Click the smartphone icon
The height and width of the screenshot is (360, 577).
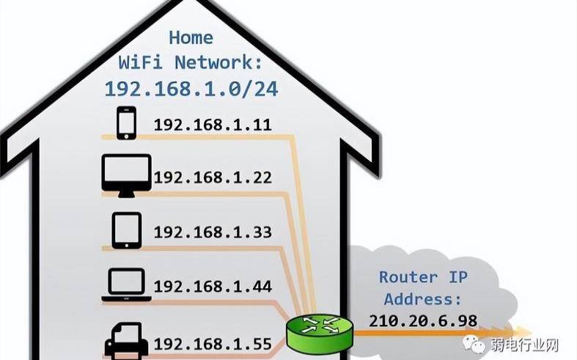click(x=126, y=123)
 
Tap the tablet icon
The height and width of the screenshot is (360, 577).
click(x=126, y=230)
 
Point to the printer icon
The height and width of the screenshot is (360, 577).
click(x=126, y=339)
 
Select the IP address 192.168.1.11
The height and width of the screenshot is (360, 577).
click(x=212, y=125)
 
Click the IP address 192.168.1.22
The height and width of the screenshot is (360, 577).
click(x=213, y=177)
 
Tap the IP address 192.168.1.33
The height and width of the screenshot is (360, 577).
click(x=213, y=232)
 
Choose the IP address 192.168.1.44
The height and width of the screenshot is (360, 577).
click(x=213, y=287)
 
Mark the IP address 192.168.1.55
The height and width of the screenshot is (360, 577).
click(x=213, y=342)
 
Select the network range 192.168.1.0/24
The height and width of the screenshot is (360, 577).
click(x=191, y=88)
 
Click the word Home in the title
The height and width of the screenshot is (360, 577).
click(x=191, y=37)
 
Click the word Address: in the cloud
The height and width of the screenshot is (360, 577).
click(x=424, y=299)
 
